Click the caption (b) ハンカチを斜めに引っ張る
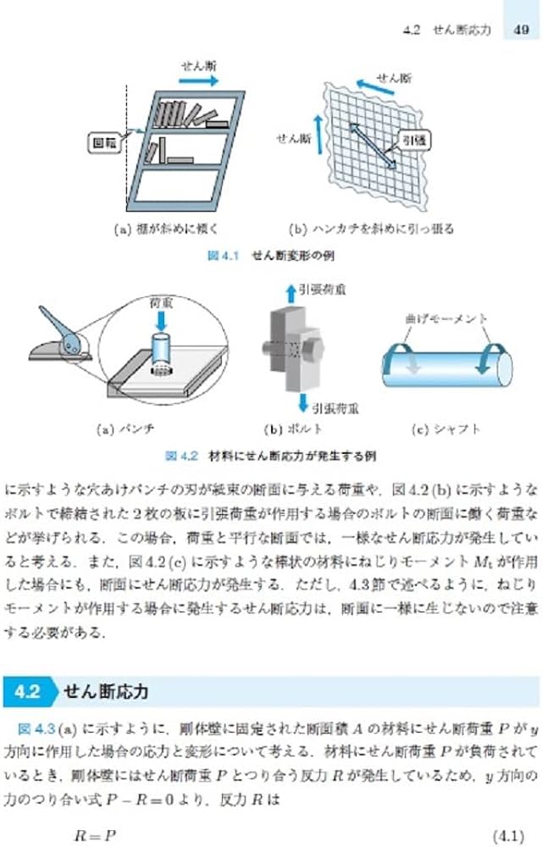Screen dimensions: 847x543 click(x=371, y=228)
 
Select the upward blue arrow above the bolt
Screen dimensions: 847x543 click(x=291, y=293)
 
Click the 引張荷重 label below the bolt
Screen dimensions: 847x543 click(x=335, y=407)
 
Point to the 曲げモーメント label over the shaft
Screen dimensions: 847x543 click(x=446, y=318)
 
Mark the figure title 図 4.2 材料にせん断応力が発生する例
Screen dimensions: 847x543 click(x=270, y=457)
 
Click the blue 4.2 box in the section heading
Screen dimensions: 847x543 click(x=28, y=691)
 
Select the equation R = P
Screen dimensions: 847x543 click(x=95, y=836)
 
